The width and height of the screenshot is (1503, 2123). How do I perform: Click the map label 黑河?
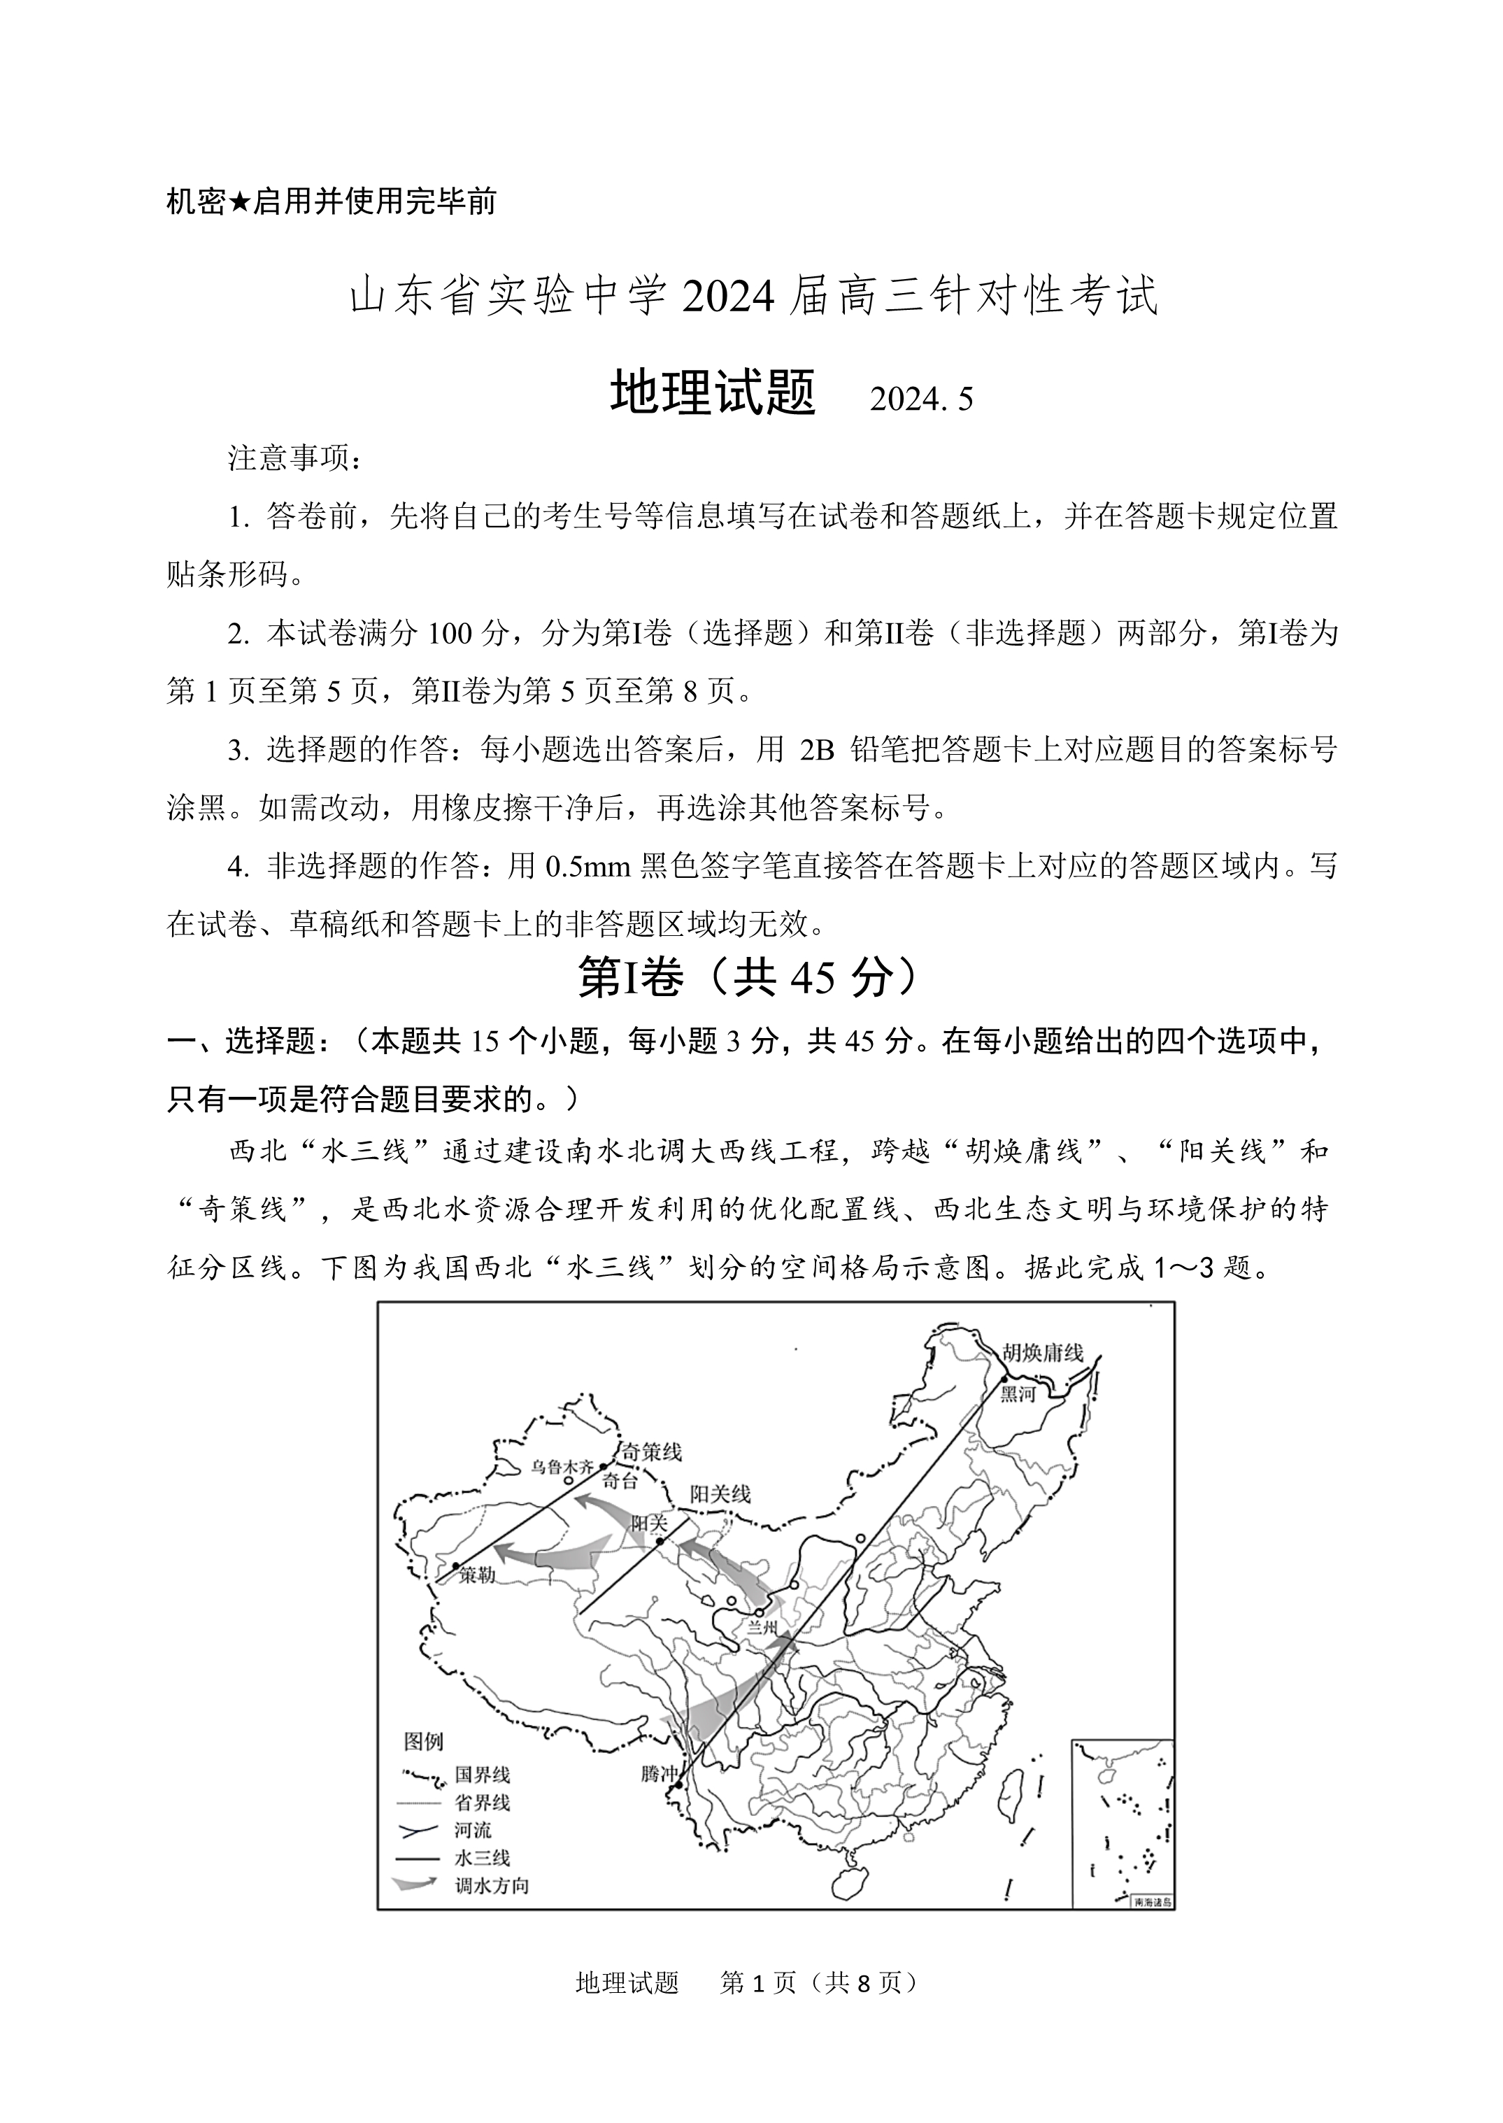(x=1017, y=1393)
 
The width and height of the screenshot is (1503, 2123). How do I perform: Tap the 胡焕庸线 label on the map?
(x=1042, y=1353)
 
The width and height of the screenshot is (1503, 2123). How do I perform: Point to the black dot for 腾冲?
(x=678, y=1785)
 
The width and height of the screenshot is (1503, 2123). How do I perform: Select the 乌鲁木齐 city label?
(x=561, y=1466)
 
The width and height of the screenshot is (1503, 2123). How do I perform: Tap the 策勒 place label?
(x=478, y=1574)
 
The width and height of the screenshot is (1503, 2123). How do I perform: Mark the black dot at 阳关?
(x=660, y=1542)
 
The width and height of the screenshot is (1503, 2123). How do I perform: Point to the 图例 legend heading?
(x=423, y=1742)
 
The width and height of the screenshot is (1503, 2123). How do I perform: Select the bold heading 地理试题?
(x=713, y=392)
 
